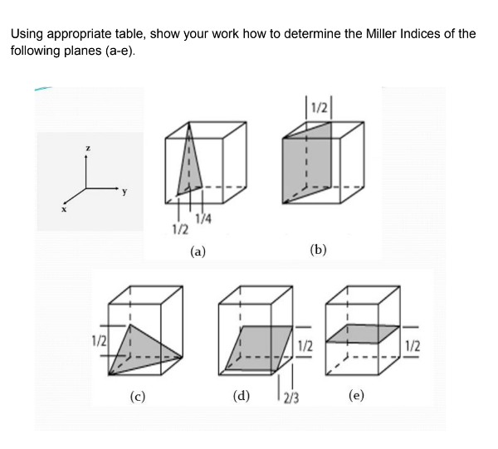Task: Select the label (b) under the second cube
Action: (318, 248)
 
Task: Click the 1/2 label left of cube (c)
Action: (98, 339)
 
